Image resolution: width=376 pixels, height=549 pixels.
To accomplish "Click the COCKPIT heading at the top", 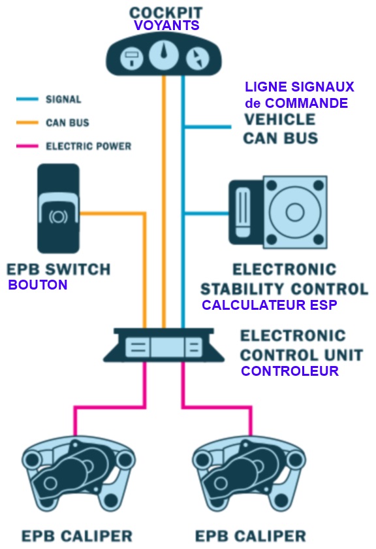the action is (x=166, y=12).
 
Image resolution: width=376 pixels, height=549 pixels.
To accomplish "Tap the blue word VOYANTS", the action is (x=166, y=25).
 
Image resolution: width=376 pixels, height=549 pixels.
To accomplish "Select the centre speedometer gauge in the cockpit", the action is (x=164, y=56).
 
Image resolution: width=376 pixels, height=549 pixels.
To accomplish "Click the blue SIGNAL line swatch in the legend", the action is (x=27, y=99).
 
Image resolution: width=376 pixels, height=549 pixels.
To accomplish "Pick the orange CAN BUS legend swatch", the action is (x=27, y=123).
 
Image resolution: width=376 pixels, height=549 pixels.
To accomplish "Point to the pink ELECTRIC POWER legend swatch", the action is (x=27, y=146).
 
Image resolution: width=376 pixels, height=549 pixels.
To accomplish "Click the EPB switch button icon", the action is (x=58, y=208).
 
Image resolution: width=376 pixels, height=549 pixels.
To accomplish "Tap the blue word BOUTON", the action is (x=38, y=285).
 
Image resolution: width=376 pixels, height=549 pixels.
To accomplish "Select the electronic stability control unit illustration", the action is (x=278, y=212).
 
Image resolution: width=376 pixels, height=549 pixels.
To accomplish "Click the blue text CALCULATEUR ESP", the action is (x=270, y=305).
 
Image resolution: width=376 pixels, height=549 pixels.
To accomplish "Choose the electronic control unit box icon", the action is (x=164, y=345).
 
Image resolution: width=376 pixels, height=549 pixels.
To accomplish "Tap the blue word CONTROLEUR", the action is (x=290, y=371).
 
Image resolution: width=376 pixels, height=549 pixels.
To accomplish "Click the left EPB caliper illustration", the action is (x=79, y=473).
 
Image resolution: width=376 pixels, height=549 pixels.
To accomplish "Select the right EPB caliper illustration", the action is (x=249, y=473).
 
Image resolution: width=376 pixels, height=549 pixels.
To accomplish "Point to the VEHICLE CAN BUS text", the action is (x=281, y=129).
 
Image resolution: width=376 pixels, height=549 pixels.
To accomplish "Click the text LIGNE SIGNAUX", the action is (x=300, y=87).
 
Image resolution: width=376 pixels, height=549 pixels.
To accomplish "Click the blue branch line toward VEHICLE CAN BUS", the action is (x=208, y=127).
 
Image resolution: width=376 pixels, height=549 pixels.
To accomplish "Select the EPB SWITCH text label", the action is (x=58, y=269).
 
